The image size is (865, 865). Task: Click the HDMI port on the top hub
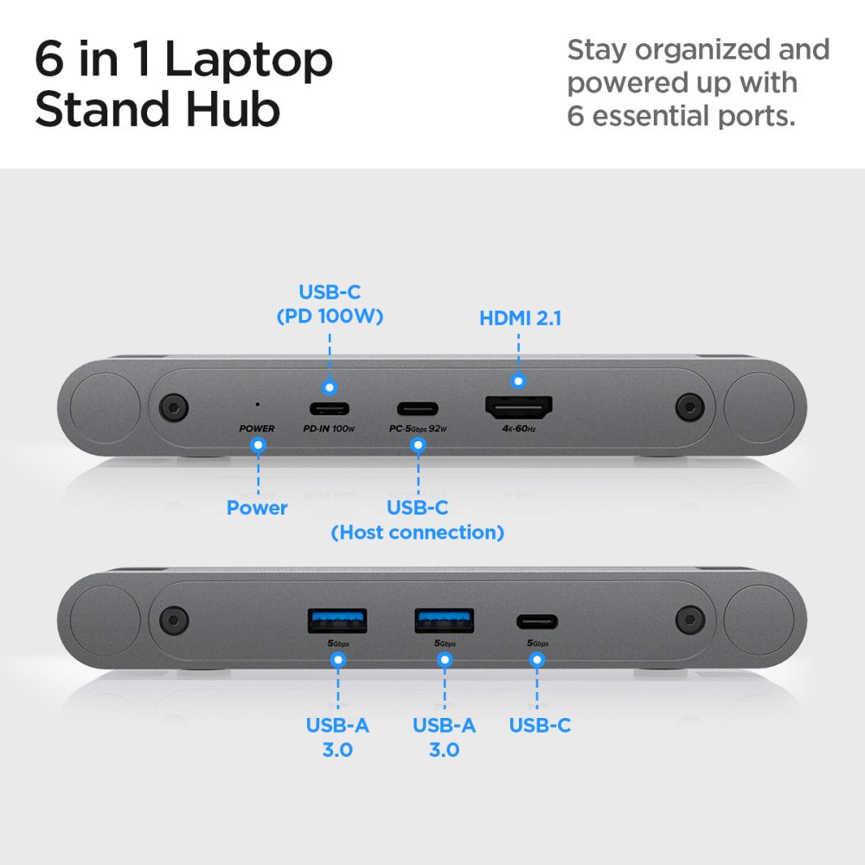[519, 407]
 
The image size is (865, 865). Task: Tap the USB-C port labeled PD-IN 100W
[330, 408]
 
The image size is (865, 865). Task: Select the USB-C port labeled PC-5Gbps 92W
[418, 408]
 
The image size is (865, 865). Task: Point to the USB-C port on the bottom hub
[537, 621]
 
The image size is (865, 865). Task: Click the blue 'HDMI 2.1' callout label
[520, 318]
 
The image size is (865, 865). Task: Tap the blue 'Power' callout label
[257, 508]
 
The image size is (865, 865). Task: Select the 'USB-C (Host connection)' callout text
[418, 520]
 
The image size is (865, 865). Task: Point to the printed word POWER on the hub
[257, 428]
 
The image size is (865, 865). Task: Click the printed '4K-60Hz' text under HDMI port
[519, 428]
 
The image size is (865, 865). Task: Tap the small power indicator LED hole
[256, 404]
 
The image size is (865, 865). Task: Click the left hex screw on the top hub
[176, 406]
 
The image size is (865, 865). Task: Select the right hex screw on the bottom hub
[689, 618]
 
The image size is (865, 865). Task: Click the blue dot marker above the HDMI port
[518, 380]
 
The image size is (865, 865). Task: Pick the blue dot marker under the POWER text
[257, 445]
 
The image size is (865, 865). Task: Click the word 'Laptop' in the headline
[249, 61]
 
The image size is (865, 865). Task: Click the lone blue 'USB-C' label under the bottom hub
[540, 726]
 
